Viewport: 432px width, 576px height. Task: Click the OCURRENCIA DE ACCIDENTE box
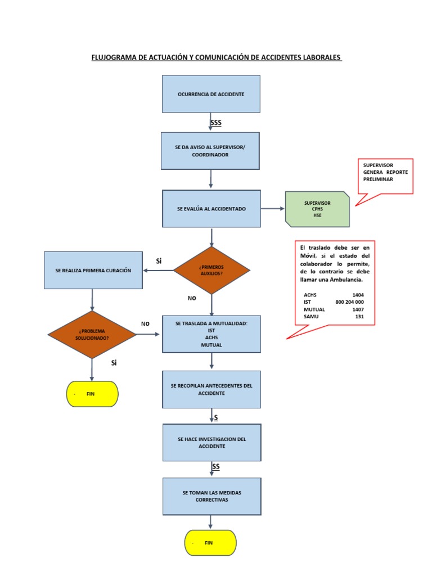click(x=211, y=94)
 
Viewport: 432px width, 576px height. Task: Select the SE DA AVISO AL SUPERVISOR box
click(x=210, y=151)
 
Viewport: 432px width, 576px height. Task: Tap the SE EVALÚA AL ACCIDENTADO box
click(x=211, y=209)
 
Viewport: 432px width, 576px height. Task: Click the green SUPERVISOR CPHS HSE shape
click(x=317, y=209)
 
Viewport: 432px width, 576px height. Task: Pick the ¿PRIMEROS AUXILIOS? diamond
click(x=211, y=271)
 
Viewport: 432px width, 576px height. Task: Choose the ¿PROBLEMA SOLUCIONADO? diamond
click(x=92, y=335)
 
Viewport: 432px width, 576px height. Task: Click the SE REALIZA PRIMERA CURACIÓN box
click(x=93, y=271)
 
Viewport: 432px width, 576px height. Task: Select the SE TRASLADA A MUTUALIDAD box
click(x=211, y=334)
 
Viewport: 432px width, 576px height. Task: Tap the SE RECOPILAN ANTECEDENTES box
click(x=211, y=389)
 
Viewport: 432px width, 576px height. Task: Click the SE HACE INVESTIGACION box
click(x=211, y=443)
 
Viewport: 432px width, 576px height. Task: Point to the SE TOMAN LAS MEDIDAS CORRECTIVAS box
click(x=211, y=496)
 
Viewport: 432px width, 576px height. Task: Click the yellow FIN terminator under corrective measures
click(x=210, y=543)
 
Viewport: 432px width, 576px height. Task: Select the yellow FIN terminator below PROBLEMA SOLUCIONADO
click(x=92, y=394)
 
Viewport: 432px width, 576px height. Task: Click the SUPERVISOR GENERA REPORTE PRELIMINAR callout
click(x=385, y=172)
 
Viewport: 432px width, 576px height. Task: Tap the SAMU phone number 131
click(x=359, y=317)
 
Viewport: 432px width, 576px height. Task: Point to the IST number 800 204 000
click(x=349, y=302)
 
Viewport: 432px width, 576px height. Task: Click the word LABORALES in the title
click(x=318, y=58)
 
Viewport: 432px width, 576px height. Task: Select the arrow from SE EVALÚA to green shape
click(x=273, y=209)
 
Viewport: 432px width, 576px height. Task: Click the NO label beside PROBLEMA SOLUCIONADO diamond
click(x=145, y=324)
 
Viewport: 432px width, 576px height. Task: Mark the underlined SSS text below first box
click(x=216, y=123)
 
